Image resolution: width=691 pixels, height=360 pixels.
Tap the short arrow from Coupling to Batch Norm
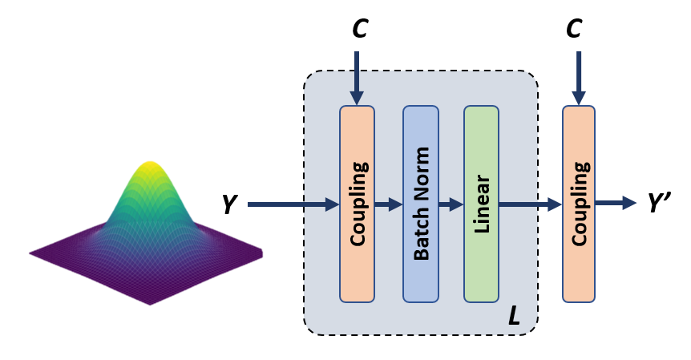[388, 204]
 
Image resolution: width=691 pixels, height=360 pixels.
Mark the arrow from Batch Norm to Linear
[451, 204]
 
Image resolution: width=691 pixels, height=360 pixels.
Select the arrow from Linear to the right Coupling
[530, 204]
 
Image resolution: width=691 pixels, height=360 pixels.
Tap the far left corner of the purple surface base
[31, 253]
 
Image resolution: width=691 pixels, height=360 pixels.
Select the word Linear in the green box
[482, 204]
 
